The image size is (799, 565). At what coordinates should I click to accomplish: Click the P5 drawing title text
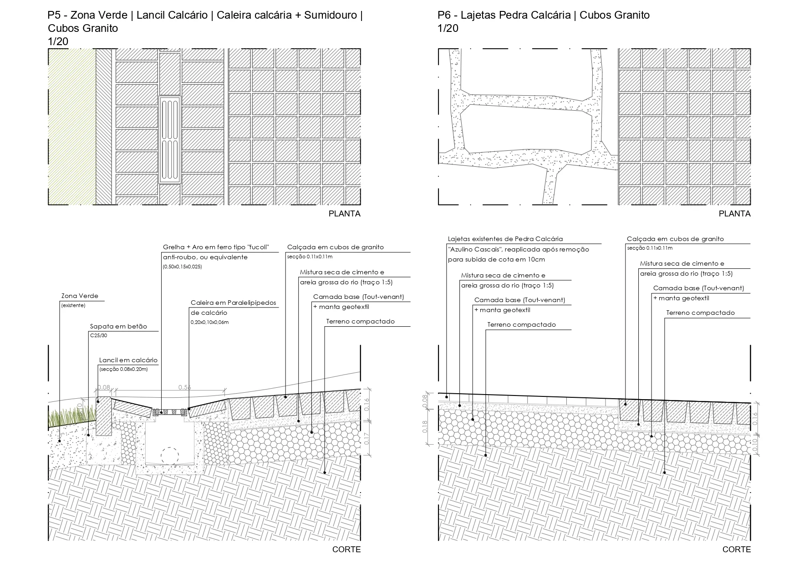click(205, 21)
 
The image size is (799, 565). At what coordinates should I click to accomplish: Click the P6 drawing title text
click(544, 15)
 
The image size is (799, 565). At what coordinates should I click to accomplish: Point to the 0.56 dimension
click(184, 387)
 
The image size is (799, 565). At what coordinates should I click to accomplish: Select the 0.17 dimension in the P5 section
click(367, 438)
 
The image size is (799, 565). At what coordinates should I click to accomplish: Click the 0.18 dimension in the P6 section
click(425, 426)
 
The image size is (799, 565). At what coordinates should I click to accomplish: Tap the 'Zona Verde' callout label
click(80, 296)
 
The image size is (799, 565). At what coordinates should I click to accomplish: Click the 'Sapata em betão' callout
click(118, 327)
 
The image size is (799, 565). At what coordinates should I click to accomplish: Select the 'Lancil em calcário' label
click(128, 360)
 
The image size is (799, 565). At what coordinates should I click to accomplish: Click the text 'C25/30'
click(98, 335)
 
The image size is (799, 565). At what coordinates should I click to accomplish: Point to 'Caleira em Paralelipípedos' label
click(233, 303)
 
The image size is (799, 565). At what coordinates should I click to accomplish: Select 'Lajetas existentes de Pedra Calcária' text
click(505, 239)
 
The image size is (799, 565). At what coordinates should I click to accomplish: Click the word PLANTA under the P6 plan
click(734, 214)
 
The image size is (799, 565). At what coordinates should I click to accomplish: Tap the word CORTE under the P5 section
click(346, 550)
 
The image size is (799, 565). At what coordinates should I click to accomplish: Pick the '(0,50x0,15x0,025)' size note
click(182, 267)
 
